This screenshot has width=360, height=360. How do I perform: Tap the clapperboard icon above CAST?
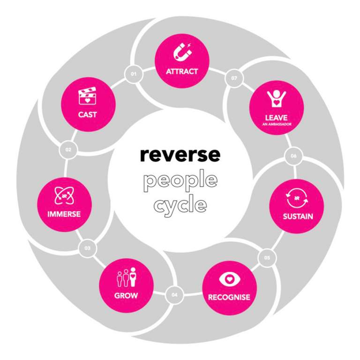(88, 96)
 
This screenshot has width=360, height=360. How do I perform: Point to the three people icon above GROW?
(126, 277)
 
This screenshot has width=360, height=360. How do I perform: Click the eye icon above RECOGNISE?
(229, 280)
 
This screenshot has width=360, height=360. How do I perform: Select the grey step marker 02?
(68, 150)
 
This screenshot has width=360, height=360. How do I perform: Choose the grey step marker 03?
(88, 248)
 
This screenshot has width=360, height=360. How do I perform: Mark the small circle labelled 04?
(174, 295)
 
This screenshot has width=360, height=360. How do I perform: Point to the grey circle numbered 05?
(267, 258)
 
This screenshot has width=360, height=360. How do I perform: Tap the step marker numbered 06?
(293, 156)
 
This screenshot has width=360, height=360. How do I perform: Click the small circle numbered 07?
(234, 78)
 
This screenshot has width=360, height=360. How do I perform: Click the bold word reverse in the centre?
(180, 155)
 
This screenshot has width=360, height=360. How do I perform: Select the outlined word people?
(180, 180)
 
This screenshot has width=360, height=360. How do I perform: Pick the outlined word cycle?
(180, 205)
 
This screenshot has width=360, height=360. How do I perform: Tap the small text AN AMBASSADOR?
(276, 125)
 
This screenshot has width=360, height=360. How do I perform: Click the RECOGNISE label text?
(229, 297)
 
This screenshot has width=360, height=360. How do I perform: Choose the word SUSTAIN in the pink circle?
(298, 217)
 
